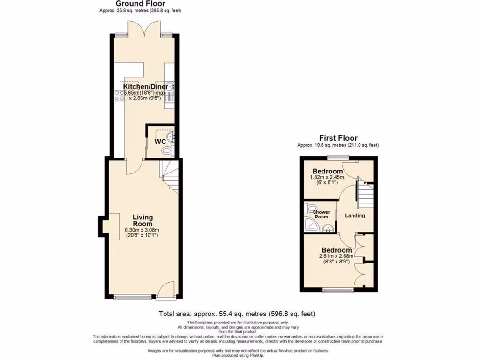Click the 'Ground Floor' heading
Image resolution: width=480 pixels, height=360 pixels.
coord(140,4)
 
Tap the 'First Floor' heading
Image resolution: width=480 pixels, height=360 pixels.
coord(338,138)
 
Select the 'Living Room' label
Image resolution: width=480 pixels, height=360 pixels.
coord(142,220)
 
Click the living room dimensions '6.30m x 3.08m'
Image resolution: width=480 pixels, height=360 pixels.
coord(142,230)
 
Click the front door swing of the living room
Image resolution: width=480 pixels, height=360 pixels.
coord(166,288)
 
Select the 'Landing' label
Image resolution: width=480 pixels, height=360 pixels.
coord(355,216)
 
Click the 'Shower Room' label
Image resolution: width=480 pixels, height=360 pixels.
coord(321,214)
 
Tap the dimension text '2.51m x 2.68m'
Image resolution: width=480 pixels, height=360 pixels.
coord(337,257)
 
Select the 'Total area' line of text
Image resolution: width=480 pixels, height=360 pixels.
coord(240,314)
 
